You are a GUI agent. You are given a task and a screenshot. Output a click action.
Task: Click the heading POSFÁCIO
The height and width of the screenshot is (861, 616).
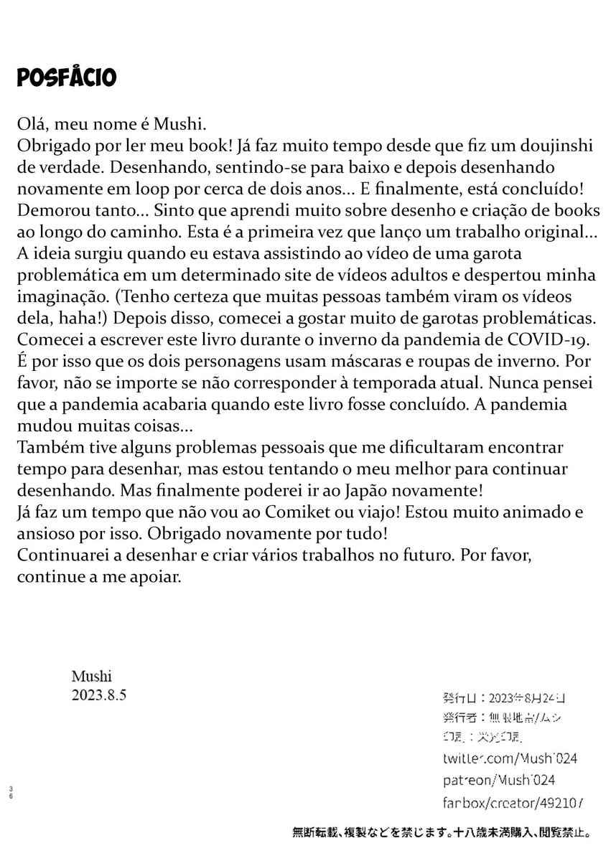(x=67, y=77)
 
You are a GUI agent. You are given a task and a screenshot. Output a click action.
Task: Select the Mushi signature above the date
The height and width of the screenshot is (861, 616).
(x=92, y=676)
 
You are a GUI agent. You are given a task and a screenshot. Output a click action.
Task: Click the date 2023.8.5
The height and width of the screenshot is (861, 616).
(x=99, y=695)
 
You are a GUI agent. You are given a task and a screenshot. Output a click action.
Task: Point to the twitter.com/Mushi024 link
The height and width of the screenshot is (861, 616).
(x=510, y=758)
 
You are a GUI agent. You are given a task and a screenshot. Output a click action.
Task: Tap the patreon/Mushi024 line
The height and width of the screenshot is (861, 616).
(x=498, y=780)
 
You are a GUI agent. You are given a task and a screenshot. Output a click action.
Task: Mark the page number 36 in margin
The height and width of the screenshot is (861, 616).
(x=11, y=792)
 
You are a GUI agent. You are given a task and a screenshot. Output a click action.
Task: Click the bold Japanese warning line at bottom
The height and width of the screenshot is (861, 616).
(x=442, y=833)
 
